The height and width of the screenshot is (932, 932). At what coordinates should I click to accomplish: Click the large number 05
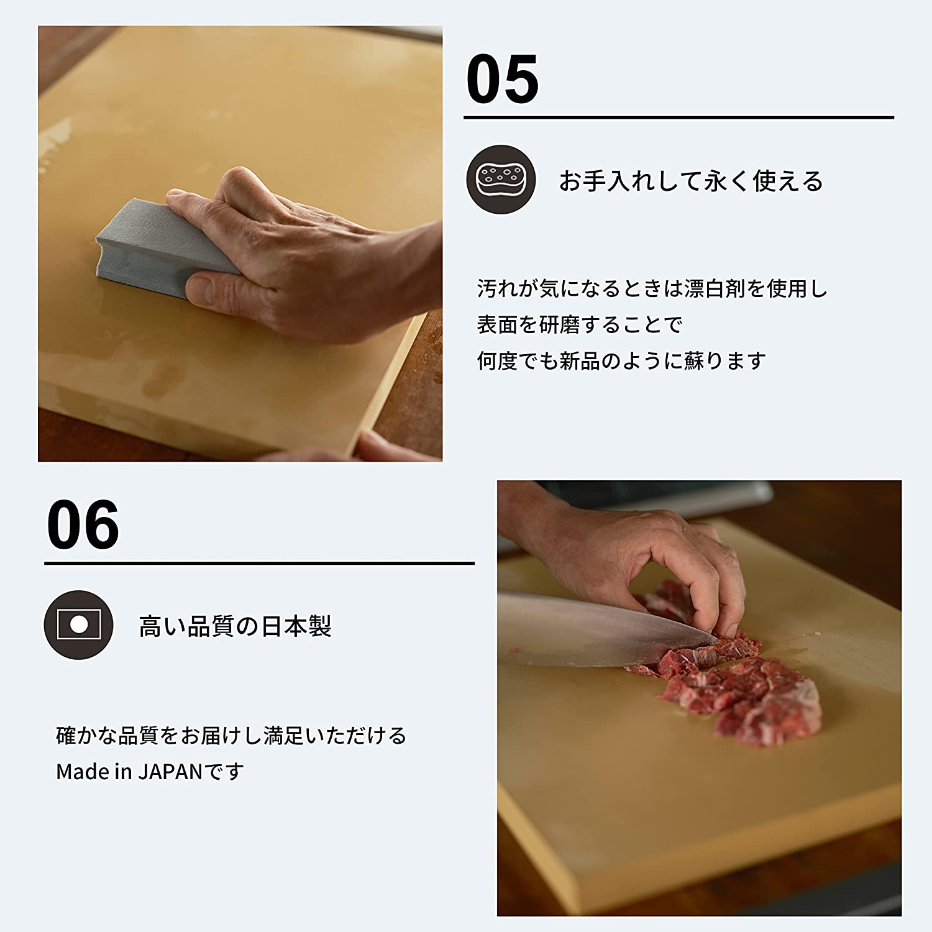(502, 80)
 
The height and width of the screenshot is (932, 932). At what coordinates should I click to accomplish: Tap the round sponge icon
(501, 179)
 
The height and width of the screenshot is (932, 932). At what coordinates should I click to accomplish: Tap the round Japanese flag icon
(78, 624)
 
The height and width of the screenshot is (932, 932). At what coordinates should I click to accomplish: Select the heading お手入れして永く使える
(690, 181)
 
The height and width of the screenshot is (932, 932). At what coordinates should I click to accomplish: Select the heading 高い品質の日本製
(235, 626)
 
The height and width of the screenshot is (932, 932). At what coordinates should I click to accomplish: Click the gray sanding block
(155, 246)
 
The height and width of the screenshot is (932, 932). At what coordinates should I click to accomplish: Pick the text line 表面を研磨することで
(579, 325)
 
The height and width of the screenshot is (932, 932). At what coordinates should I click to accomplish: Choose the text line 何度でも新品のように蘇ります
(621, 361)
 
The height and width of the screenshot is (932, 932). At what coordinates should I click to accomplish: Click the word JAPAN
(170, 772)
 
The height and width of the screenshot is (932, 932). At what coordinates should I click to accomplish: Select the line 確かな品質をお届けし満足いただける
(231, 736)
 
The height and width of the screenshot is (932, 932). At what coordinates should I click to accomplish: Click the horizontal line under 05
(678, 117)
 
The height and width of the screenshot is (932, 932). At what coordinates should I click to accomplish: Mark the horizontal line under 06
(259, 563)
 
